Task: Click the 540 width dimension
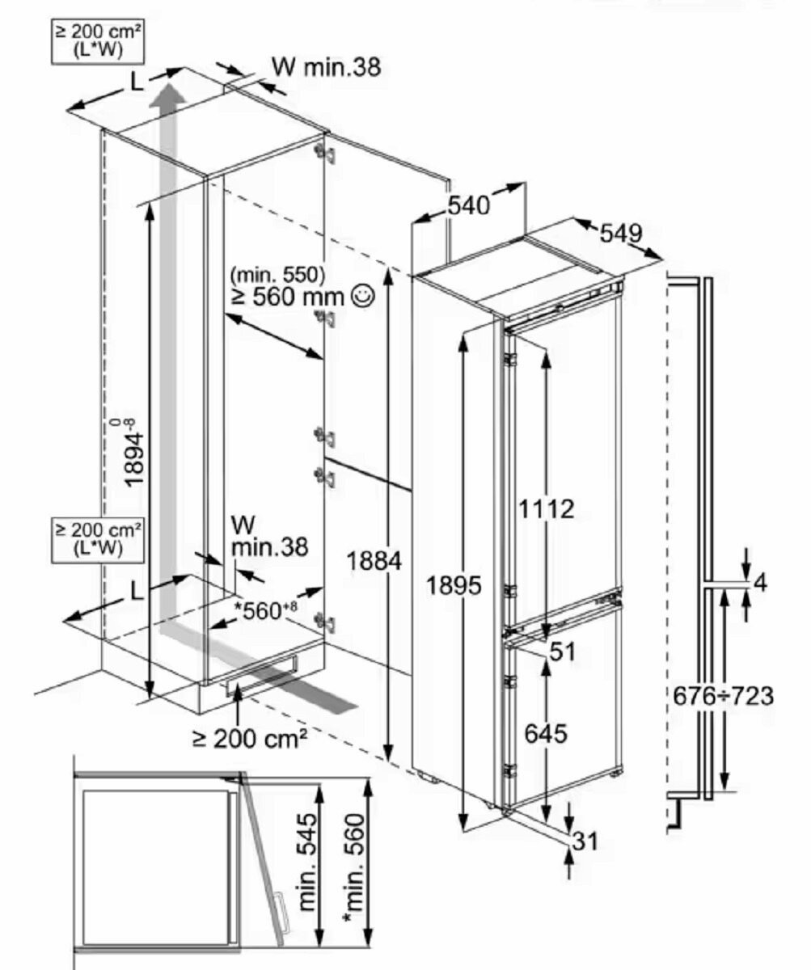click(x=468, y=205)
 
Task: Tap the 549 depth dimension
click(x=621, y=234)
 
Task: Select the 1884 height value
click(x=374, y=561)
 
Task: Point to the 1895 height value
click(x=454, y=585)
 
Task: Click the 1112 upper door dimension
click(x=546, y=509)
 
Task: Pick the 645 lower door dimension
click(x=546, y=734)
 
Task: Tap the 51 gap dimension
click(x=563, y=652)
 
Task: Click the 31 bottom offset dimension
click(x=585, y=841)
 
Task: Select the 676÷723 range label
click(x=723, y=696)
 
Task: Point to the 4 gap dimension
click(x=760, y=583)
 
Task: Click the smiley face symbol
click(x=363, y=296)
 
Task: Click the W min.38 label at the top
click(x=326, y=67)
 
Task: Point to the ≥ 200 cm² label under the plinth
click(x=250, y=739)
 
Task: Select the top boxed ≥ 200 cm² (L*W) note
click(x=98, y=42)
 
